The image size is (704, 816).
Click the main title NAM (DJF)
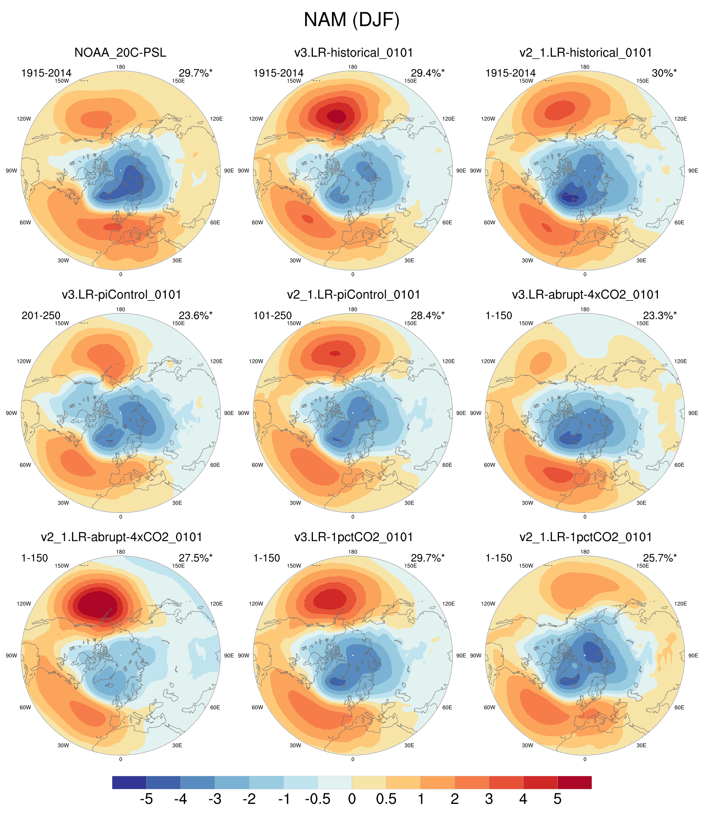pyautogui.click(x=352, y=20)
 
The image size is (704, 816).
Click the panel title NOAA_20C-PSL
pyautogui.click(x=120, y=52)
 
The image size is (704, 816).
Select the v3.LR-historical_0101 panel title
pyautogui.click(x=353, y=52)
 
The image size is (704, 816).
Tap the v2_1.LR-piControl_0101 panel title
pyautogui.click(x=353, y=295)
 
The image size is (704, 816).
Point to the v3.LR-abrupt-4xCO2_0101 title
pyautogui.click(x=585, y=295)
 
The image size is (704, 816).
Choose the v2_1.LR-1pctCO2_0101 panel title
pyautogui.click(x=585, y=537)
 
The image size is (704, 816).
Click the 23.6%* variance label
pyautogui.click(x=195, y=315)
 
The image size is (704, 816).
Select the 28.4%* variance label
pyautogui.click(x=427, y=315)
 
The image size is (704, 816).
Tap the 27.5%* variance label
pyautogui.click(x=195, y=558)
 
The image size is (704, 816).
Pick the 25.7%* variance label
pyautogui.click(x=660, y=558)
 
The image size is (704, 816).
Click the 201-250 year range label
pyautogui.click(x=41, y=315)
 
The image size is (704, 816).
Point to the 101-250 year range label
pyautogui.click(x=273, y=315)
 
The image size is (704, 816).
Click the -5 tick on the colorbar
pyautogui.click(x=146, y=799)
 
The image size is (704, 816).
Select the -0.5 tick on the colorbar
pyautogui.click(x=317, y=799)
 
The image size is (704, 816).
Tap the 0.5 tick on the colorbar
pyautogui.click(x=386, y=799)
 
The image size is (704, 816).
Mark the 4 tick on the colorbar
pyautogui.click(x=523, y=799)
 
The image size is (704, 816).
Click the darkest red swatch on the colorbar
pyautogui.click(x=575, y=782)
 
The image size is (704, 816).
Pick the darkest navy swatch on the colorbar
pyautogui.click(x=129, y=782)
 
